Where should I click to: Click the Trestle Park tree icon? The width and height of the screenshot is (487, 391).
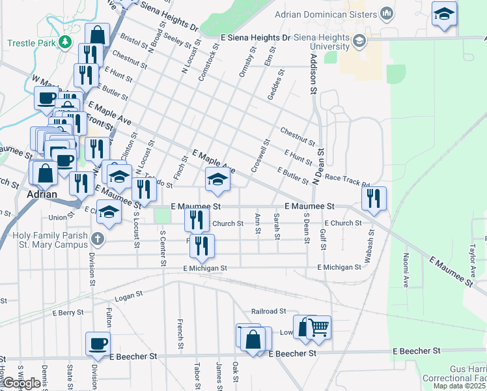(x=64, y=42)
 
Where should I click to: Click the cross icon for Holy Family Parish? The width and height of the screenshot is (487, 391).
(x=98, y=239)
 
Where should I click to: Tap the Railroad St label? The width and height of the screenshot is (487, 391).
(x=269, y=311)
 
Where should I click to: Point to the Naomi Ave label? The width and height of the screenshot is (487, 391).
(x=406, y=270)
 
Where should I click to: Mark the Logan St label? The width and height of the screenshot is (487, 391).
(x=128, y=297)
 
